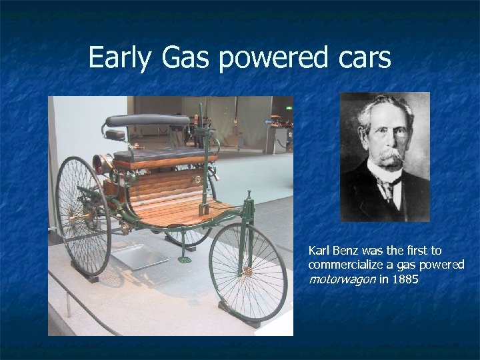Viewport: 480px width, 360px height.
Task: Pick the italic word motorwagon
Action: tap(341, 279)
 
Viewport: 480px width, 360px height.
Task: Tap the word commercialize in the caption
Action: tap(341, 265)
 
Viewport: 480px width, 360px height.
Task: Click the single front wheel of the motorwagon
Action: tap(247, 271)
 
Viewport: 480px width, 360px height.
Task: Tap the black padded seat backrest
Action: tap(148, 121)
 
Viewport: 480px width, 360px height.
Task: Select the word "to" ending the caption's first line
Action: tap(436, 251)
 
